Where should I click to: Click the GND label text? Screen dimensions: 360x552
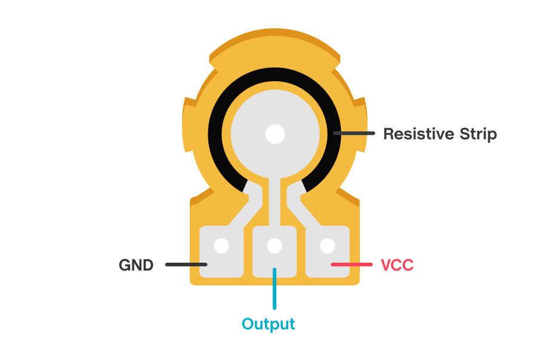pyautogui.click(x=136, y=265)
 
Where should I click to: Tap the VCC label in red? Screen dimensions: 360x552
pyautogui.click(x=397, y=265)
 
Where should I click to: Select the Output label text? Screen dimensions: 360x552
pyautogui.click(x=268, y=324)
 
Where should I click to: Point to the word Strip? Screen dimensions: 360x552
pyautogui.click(x=477, y=134)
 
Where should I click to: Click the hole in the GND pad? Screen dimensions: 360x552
pyautogui.click(x=221, y=245)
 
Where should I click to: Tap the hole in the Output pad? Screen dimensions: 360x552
pyautogui.click(x=275, y=245)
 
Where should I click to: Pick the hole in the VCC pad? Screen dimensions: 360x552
pyautogui.click(x=327, y=245)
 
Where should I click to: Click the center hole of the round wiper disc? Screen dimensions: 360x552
pyautogui.click(x=275, y=134)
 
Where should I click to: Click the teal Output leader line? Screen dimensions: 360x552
pyautogui.click(x=275, y=290)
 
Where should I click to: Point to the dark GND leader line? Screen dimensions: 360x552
pyautogui.click(x=186, y=264)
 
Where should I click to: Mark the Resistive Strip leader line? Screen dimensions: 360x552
pyautogui.click(x=354, y=133)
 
